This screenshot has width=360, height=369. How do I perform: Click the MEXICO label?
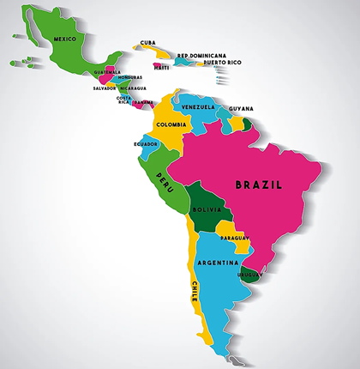coord(65,39)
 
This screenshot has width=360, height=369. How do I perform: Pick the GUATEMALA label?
coord(108,71)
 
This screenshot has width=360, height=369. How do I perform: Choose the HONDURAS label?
coord(131,77)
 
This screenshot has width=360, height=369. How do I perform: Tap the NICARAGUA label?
coord(133,88)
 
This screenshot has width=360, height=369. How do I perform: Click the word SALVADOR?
coord(105,88)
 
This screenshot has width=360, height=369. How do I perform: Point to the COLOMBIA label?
coord(171,124)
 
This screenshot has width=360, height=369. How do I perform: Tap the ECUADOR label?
coord(145,143)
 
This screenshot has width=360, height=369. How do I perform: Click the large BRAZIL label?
coord(263,184)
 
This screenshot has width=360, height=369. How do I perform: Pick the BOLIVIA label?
coord(207,209)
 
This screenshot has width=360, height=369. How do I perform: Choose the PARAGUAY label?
coord(234,237)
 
